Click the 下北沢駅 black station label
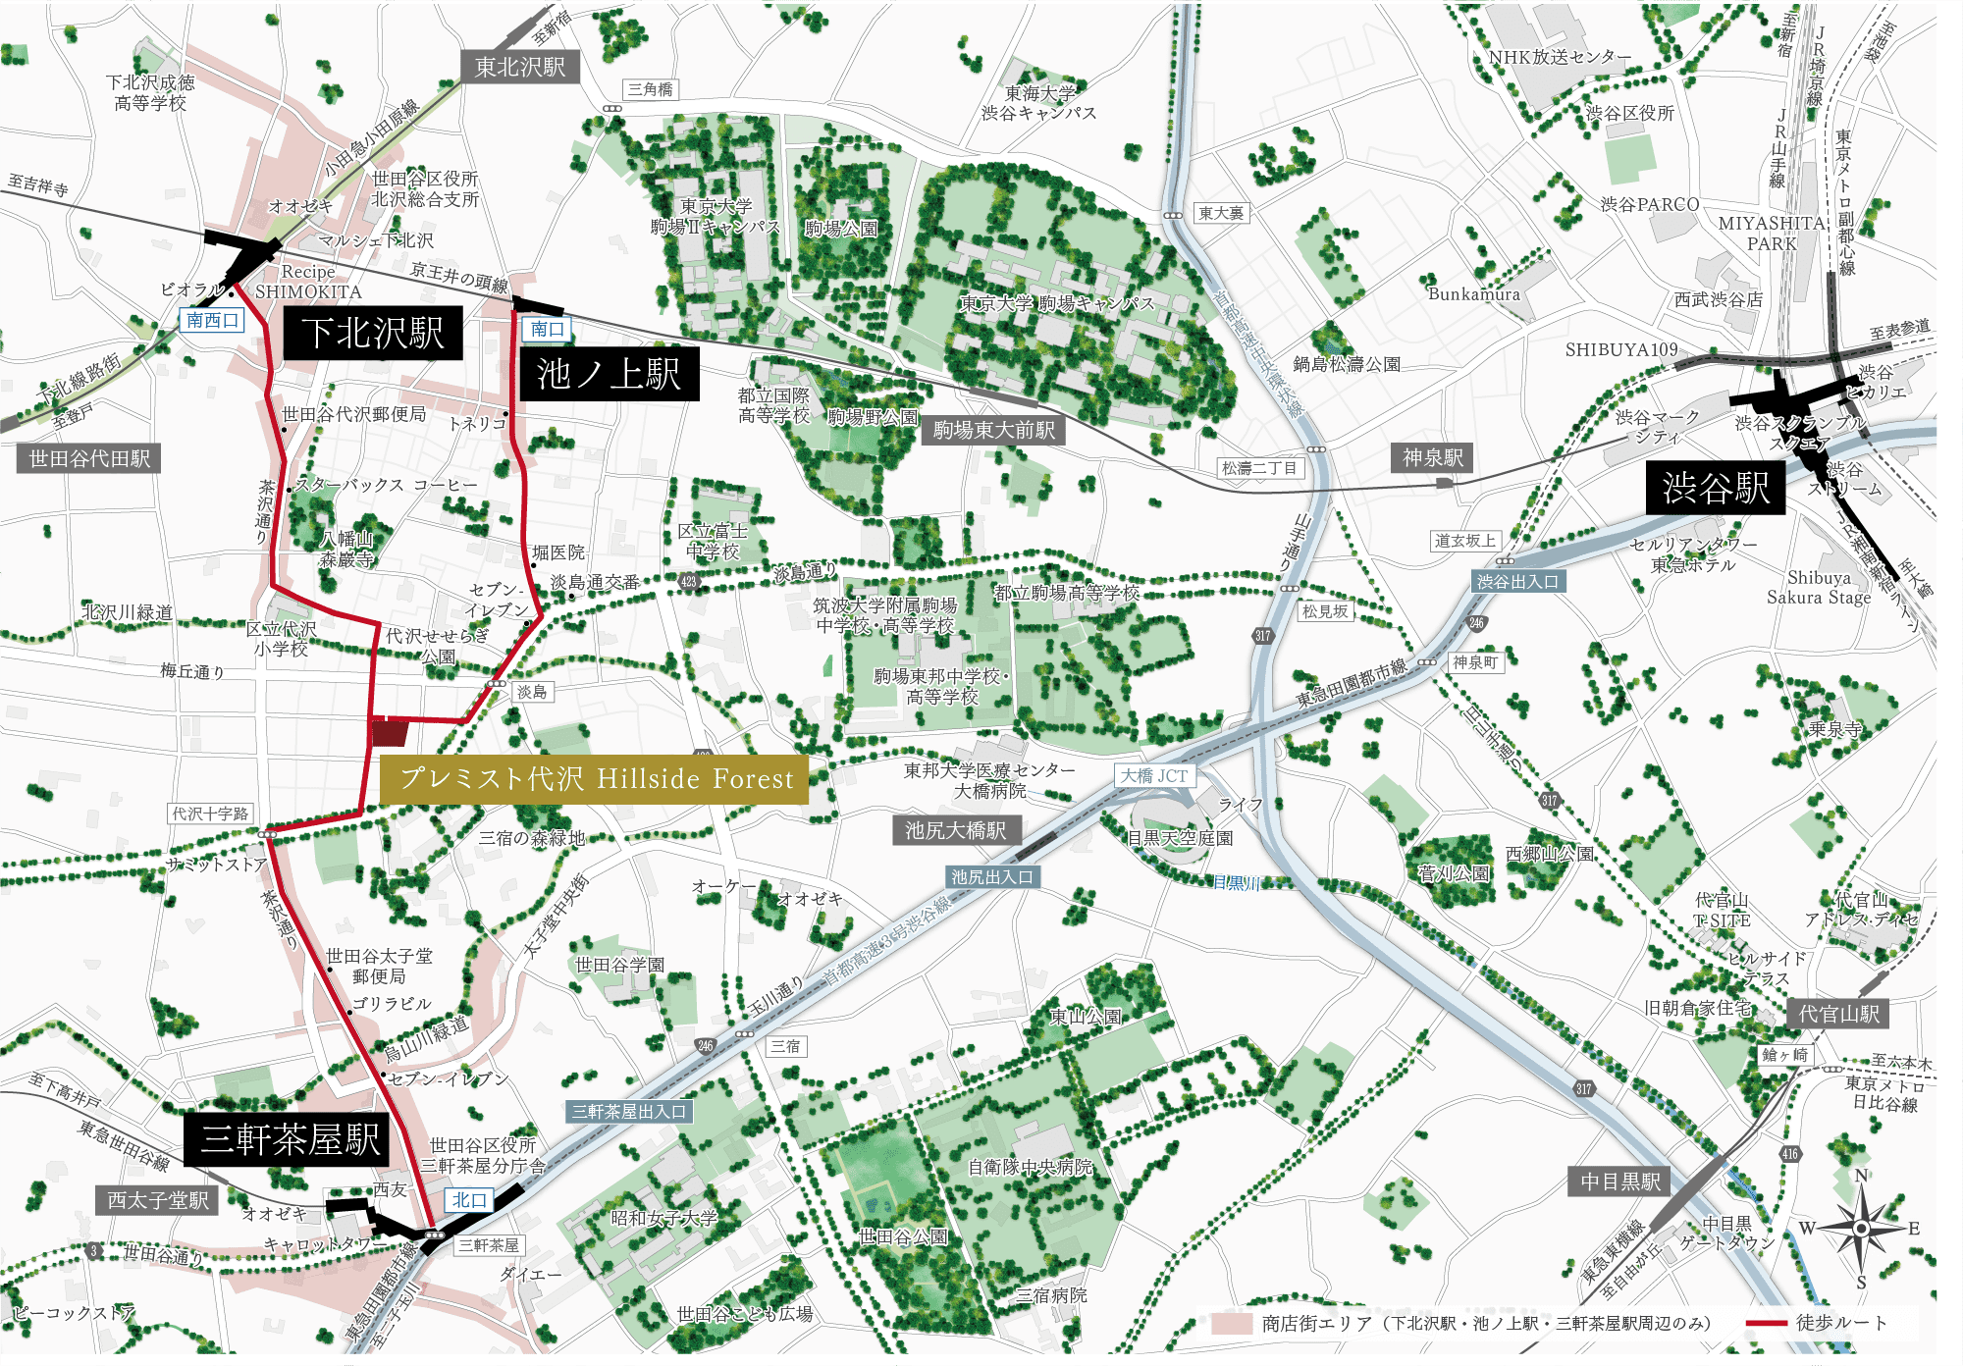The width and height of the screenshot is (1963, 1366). pos(373,333)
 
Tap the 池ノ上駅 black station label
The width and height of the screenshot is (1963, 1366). pos(609,374)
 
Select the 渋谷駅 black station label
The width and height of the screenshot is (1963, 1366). pos(1715,488)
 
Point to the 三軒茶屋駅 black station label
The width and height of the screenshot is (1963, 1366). pos(290,1139)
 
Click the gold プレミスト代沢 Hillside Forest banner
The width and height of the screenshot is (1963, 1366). pos(595,779)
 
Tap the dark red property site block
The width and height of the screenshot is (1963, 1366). pos(390,732)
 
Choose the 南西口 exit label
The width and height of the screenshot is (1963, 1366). pos(212,321)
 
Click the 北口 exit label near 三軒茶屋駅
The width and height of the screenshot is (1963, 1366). pos(469,1199)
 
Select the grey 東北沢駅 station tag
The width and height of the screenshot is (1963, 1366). pos(519,67)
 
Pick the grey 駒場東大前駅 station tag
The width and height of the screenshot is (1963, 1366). pos(993,430)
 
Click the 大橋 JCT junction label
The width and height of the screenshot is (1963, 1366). pos(1154,775)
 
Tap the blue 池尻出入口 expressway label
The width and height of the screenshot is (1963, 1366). pos(991,877)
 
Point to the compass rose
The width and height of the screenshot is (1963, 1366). pos(1861,1228)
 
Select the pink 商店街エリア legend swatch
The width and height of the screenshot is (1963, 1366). pos(1232,1323)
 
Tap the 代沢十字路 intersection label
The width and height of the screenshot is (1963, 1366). pos(211,814)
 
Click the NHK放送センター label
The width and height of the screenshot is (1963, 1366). pos(1559,58)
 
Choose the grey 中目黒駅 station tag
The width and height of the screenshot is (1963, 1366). pos(1620,1182)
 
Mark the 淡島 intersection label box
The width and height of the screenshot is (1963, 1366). pos(531,692)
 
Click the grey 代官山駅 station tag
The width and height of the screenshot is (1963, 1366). pos(1837,1014)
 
